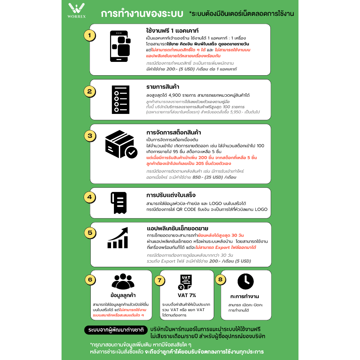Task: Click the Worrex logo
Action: pyautogui.click(x=76, y=10)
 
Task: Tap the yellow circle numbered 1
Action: pyautogui.click(x=90, y=35)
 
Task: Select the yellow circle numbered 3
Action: pyautogui.click(x=90, y=135)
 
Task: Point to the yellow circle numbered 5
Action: pyautogui.click(x=90, y=232)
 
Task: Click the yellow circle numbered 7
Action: pyautogui.click(x=160, y=280)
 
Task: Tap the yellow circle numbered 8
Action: pyautogui.click(x=220, y=280)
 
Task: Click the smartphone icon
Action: pyautogui.click(x=120, y=46)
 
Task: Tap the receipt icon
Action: pyautogui.click(x=118, y=202)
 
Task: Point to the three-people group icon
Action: pyautogui.click(x=123, y=282)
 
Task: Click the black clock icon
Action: pyautogui.click(x=245, y=282)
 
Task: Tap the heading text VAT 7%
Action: pyautogui.click(x=187, y=295)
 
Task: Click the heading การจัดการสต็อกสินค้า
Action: pyautogui.click(x=173, y=133)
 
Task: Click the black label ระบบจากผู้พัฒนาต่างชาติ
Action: pyautogui.click(x=116, y=330)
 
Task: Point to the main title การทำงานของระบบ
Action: pyautogui.click(x=142, y=14)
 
